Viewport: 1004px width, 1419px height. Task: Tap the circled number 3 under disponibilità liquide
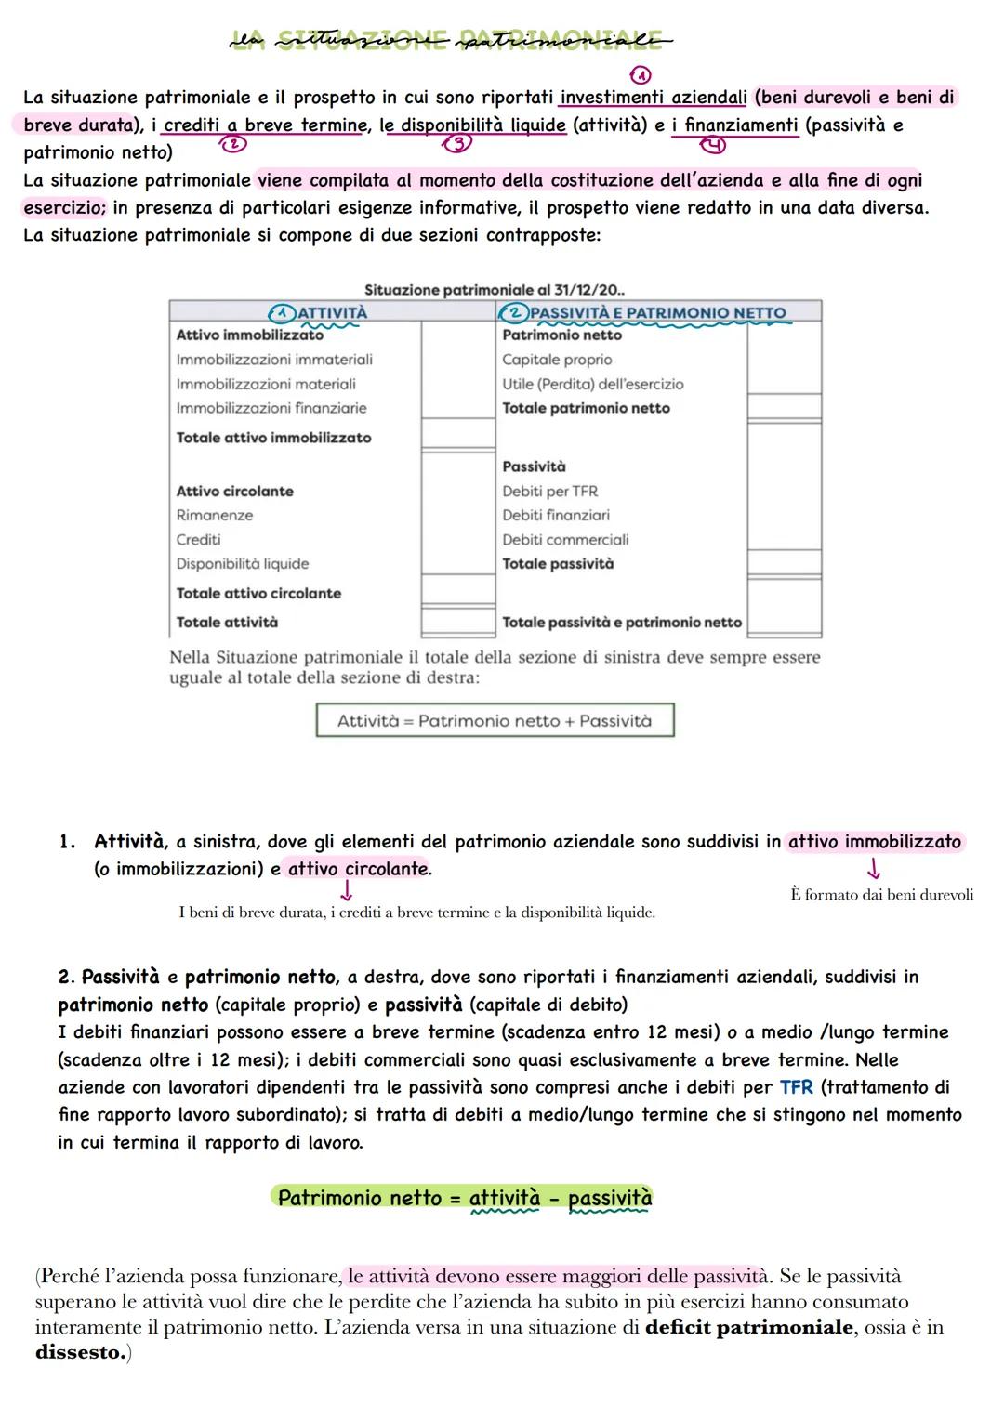point(456,143)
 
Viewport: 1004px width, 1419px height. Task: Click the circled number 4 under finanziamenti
point(713,144)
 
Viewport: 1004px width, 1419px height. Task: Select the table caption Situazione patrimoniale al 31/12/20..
point(495,290)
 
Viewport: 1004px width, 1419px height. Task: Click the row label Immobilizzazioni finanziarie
point(271,408)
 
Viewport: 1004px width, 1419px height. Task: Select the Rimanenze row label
point(215,515)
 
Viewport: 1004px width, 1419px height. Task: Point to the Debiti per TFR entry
point(549,491)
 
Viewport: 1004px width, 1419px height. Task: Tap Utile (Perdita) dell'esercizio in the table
point(592,384)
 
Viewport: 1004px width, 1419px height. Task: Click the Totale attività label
point(227,622)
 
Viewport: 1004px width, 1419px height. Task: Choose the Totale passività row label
point(558,563)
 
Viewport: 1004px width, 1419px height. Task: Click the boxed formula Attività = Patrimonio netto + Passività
point(495,720)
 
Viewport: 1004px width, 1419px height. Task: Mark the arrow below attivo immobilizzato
point(873,869)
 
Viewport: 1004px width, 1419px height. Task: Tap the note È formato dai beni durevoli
point(881,894)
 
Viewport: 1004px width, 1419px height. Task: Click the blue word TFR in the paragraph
point(796,1087)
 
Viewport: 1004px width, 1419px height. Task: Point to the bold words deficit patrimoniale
point(747,1327)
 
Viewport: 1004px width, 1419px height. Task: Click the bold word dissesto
point(80,1352)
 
